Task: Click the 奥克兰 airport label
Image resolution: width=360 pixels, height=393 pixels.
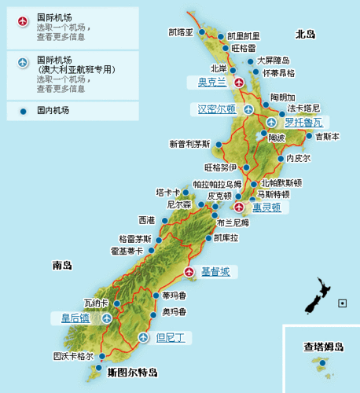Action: (x=211, y=81)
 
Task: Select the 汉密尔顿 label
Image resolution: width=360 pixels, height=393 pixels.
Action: (x=216, y=109)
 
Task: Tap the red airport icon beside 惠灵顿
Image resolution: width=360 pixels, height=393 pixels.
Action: (x=240, y=207)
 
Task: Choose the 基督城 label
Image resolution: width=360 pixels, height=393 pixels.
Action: (x=216, y=272)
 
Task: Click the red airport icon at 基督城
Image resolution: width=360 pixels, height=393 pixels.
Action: (x=189, y=271)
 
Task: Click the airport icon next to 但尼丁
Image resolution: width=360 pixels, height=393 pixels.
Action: (x=142, y=338)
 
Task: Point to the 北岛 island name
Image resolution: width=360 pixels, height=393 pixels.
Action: (x=305, y=35)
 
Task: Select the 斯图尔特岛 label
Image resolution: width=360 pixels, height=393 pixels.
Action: (x=133, y=372)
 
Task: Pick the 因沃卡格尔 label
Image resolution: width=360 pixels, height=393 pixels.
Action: (x=73, y=356)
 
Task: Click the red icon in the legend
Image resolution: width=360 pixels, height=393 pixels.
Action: (x=22, y=18)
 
